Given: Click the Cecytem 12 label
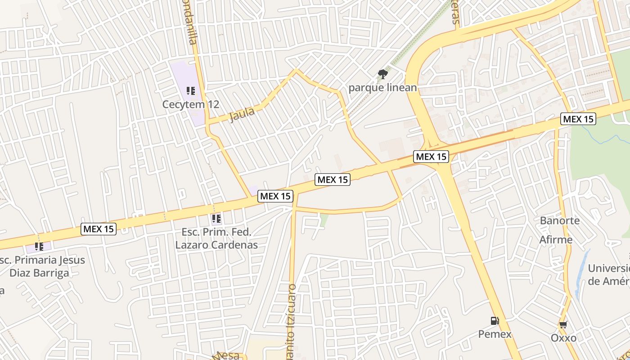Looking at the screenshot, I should tap(191, 104).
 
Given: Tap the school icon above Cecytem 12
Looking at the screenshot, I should tap(191, 91).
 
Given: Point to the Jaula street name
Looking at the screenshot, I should tap(242, 114).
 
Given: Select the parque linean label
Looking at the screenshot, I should tap(382, 87).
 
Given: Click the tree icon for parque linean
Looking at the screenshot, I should tap(383, 74).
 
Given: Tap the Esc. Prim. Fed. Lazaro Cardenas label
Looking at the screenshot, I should tap(216, 238).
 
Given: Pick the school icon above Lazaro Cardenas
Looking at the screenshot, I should tap(216, 219).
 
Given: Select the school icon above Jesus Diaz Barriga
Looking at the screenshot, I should tap(39, 247).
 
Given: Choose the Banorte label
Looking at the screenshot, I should tap(560, 221).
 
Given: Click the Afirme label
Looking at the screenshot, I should tap(556, 239).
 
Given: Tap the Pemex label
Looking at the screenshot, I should tap(495, 334).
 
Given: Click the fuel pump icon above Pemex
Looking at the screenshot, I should tap(495, 321).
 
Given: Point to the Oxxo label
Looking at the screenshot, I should tap(563, 337).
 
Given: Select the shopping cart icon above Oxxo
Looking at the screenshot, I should tap(563, 324).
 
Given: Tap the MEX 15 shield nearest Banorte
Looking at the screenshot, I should tap(578, 119).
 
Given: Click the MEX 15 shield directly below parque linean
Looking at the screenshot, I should tap(431, 157).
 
